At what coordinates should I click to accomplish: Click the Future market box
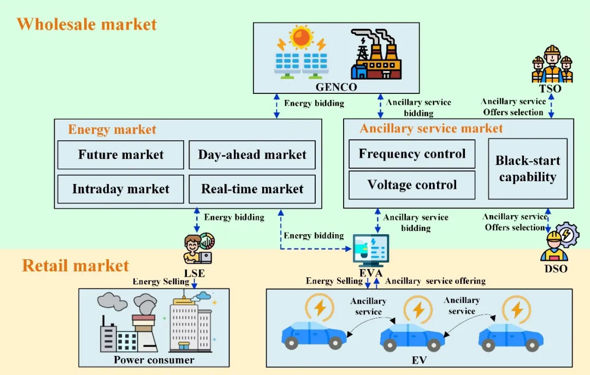click(x=120, y=154)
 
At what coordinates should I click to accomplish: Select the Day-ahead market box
click(x=252, y=154)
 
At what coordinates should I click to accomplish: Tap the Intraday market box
click(x=120, y=189)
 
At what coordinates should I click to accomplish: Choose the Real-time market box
click(x=252, y=189)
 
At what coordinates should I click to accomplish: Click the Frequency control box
click(x=412, y=154)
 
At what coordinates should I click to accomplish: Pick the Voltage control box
click(x=412, y=185)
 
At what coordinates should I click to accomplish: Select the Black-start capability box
click(x=527, y=169)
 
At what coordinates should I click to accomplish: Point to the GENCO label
click(x=336, y=87)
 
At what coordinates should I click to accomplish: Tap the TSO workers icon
click(x=552, y=64)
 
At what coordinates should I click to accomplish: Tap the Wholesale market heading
click(x=86, y=25)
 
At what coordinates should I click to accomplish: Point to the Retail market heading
click(x=75, y=266)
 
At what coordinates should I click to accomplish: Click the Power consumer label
click(x=154, y=360)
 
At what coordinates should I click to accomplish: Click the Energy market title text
click(x=112, y=129)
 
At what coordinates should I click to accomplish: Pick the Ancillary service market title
click(x=431, y=128)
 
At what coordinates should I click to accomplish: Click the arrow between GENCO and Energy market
click(x=276, y=106)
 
